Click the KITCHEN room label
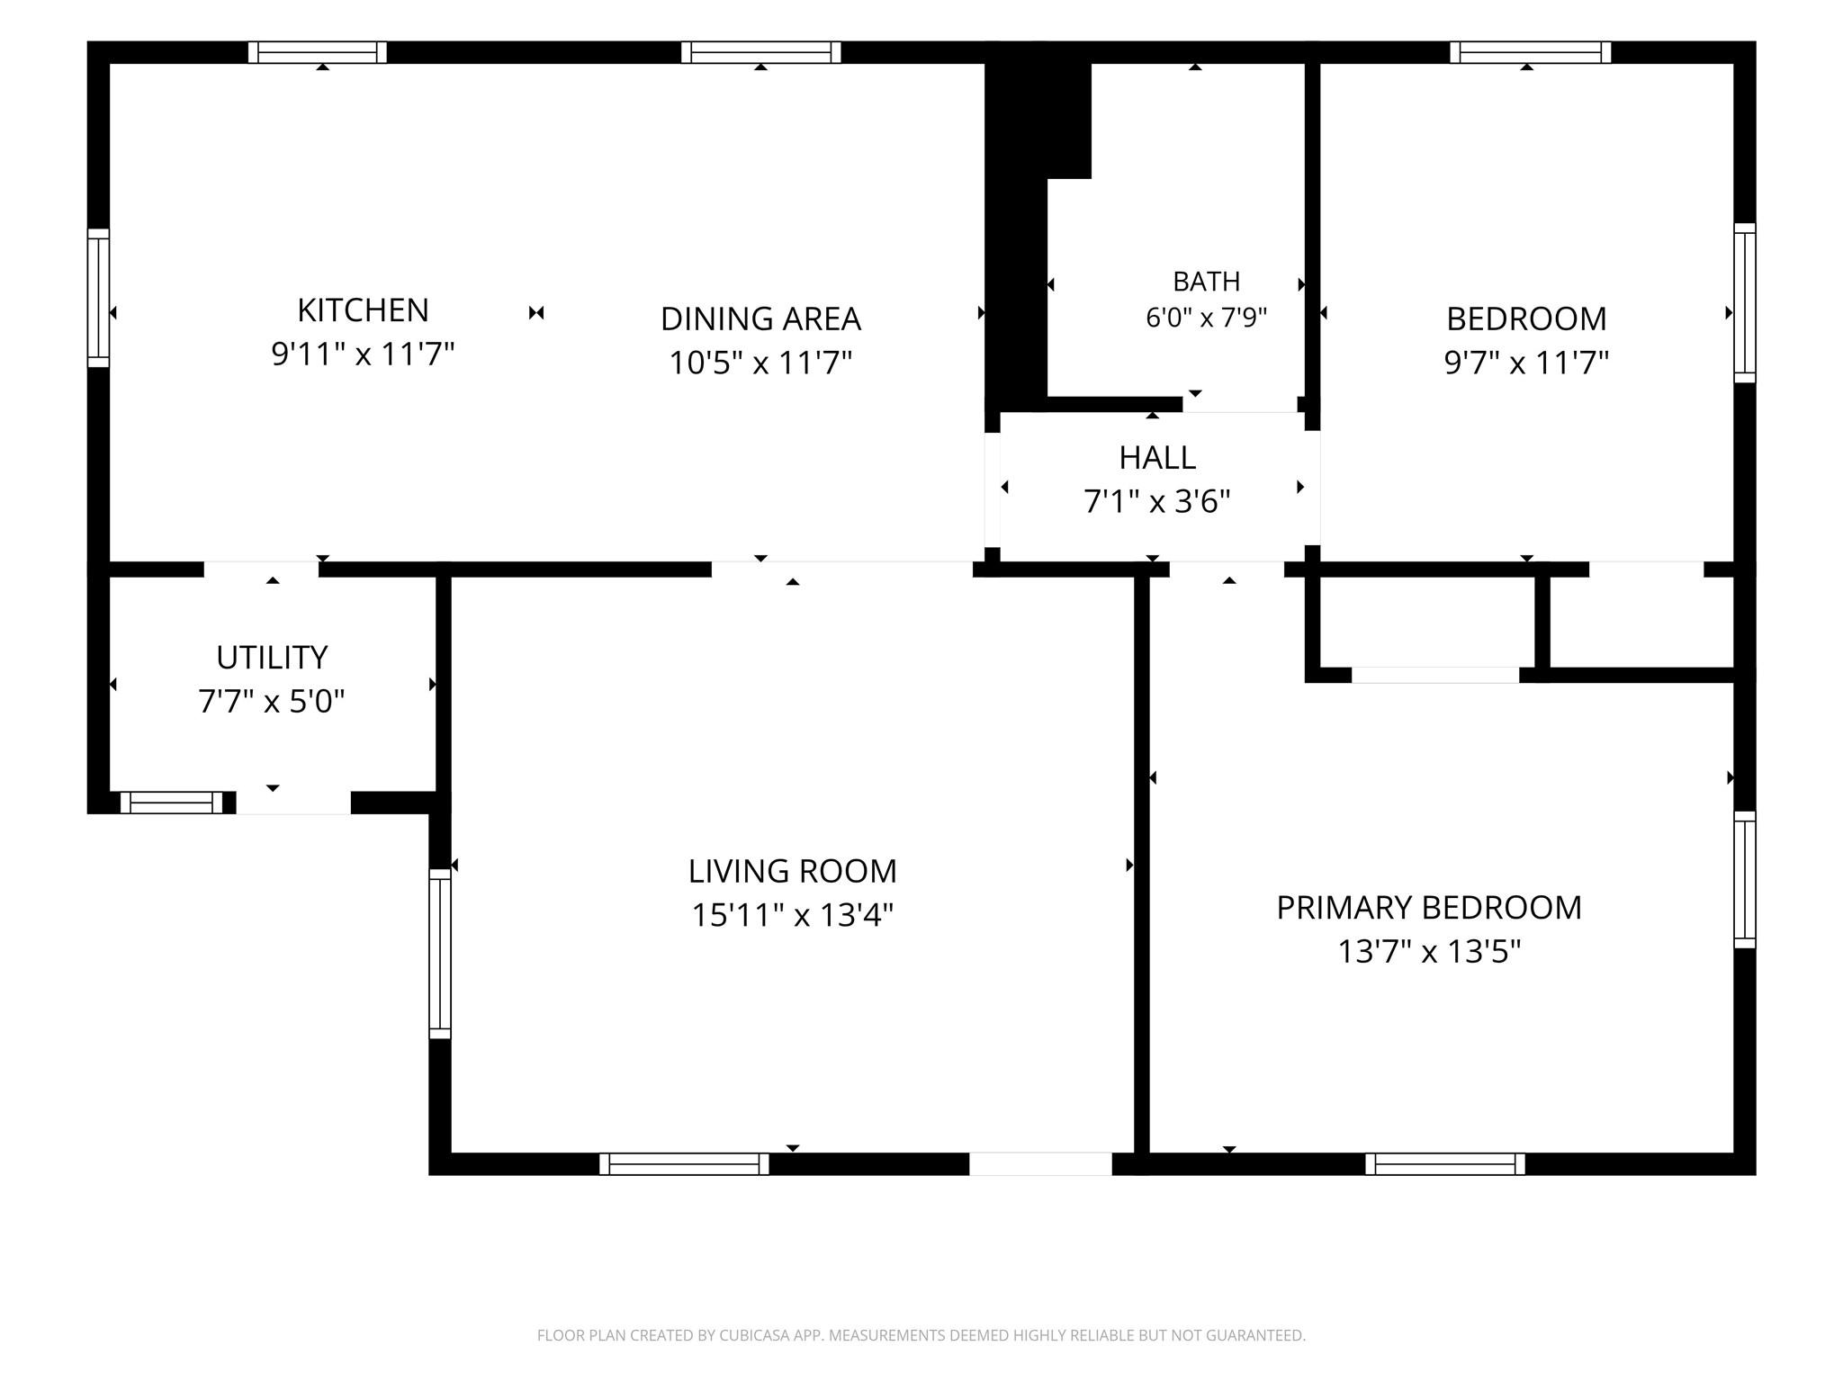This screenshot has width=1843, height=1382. [363, 310]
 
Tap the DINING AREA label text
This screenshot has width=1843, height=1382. [760, 319]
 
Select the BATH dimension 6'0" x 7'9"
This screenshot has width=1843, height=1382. [1206, 318]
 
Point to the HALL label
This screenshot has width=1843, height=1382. [1157, 458]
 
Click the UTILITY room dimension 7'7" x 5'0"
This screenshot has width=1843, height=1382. [271, 701]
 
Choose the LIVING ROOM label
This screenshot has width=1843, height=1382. [792, 871]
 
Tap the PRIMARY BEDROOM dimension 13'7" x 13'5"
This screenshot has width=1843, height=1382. [1429, 951]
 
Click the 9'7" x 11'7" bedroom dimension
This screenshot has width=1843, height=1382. [1526, 363]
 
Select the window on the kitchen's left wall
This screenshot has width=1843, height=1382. [98, 298]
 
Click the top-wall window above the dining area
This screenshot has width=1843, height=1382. [760, 52]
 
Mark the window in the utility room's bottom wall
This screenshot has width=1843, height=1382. [171, 803]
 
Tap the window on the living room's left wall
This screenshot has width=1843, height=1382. [439, 954]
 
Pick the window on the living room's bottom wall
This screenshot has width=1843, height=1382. [684, 1164]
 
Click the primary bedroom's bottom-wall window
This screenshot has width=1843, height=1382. [1445, 1164]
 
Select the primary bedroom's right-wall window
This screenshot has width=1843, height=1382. [1745, 880]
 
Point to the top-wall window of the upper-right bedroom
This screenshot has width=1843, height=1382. [1530, 52]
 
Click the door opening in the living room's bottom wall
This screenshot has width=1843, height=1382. [1040, 1164]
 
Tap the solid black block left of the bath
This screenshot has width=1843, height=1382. [1026, 225]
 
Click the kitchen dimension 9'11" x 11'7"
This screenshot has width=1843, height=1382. [363, 354]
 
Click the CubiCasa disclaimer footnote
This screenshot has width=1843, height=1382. [921, 1335]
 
